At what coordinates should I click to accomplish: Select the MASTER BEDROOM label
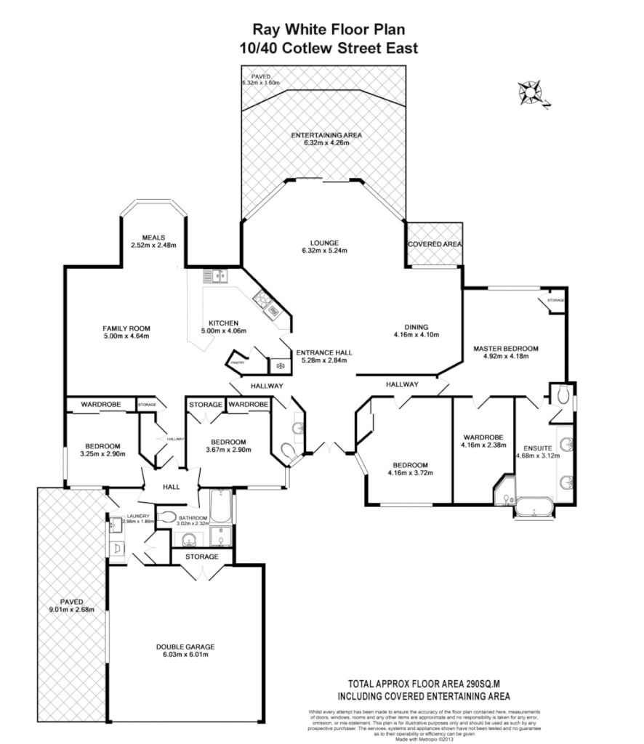point(505,349)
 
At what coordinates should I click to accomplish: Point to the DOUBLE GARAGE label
point(185,647)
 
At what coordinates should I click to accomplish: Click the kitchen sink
point(216,276)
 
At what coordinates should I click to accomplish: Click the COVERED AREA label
point(435,244)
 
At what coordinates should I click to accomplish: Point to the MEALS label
point(154,237)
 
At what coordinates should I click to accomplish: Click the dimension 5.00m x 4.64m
point(126,336)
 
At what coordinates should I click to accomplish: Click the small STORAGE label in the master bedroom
point(556,299)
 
